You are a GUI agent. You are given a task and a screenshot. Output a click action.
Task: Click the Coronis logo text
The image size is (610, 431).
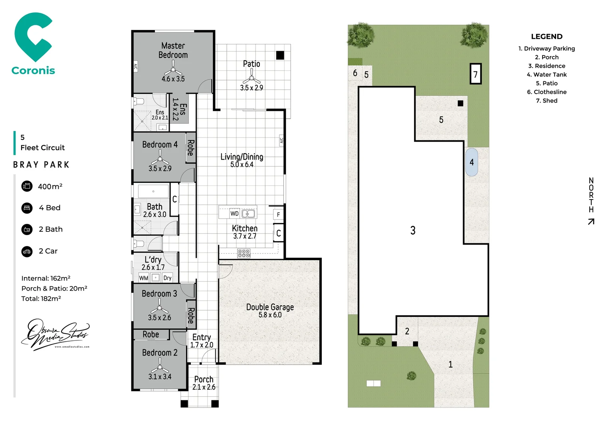[33, 71]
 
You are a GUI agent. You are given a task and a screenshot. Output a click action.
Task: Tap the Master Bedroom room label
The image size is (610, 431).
[173, 51]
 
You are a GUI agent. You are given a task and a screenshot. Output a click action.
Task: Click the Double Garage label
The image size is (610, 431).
[270, 307]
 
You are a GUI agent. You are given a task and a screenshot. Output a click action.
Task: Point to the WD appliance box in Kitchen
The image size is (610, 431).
[234, 214]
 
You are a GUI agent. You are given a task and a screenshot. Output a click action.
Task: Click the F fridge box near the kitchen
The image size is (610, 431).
[278, 215]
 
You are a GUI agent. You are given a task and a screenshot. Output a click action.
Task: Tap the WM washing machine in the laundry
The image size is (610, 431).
[144, 278]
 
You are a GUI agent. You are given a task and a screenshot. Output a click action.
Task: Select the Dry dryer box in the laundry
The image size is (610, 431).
[167, 278]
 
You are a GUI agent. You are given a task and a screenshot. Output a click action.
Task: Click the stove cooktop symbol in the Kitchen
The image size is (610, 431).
[244, 253]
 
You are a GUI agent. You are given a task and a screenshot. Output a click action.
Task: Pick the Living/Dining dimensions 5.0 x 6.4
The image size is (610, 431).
[242, 164]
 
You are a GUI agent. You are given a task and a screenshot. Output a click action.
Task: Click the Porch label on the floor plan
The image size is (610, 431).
[204, 379]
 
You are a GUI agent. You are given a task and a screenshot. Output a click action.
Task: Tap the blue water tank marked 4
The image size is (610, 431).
[471, 162]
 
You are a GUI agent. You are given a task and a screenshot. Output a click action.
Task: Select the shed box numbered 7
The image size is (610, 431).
[475, 74]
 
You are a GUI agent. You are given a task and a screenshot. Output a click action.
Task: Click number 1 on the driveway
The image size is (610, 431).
[450, 364]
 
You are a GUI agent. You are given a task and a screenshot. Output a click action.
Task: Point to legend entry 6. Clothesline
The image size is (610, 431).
[547, 92]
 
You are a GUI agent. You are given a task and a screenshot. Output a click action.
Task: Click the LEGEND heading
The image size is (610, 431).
[547, 37]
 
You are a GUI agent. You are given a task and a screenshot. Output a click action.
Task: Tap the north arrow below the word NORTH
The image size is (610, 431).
[591, 221]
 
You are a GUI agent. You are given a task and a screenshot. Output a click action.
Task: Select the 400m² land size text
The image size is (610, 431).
[50, 186]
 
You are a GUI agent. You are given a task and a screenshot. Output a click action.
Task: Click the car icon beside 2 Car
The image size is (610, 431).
[27, 251]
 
